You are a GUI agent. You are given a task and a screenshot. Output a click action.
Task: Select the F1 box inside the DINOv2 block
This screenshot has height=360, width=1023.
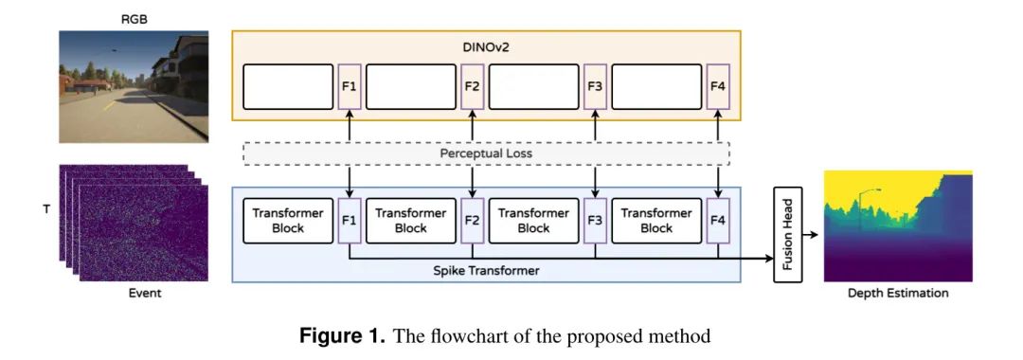pyautogui.click(x=350, y=87)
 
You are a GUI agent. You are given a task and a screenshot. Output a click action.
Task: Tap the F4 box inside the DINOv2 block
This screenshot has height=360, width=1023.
pyautogui.click(x=718, y=87)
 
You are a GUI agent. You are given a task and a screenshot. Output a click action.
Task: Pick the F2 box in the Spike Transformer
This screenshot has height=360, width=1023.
pyautogui.click(x=472, y=221)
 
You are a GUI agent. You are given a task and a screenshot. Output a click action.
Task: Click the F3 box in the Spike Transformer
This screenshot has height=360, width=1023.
pyautogui.click(x=595, y=221)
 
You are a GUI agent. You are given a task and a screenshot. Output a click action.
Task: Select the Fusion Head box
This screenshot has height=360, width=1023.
pyautogui.click(x=788, y=234)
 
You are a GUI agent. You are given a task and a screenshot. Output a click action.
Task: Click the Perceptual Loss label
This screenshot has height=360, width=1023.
pyautogui.click(x=486, y=153)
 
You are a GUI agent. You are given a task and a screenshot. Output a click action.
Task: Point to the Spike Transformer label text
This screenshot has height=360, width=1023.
pyautogui.click(x=486, y=270)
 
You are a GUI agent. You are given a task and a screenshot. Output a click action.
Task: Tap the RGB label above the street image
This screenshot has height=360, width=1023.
pyautogui.click(x=135, y=19)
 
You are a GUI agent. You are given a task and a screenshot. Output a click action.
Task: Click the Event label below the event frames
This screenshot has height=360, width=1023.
pyautogui.click(x=145, y=294)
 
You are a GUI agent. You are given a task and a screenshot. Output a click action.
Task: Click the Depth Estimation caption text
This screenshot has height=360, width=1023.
pyautogui.click(x=898, y=294)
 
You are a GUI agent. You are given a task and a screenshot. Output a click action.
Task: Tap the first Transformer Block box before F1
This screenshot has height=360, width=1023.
pyautogui.click(x=288, y=221)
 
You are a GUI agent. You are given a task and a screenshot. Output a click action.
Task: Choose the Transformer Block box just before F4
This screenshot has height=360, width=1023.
pyautogui.click(x=656, y=221)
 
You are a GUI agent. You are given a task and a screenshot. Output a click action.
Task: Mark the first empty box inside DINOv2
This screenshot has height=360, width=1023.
pyautogui.click(x=288, y=87)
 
